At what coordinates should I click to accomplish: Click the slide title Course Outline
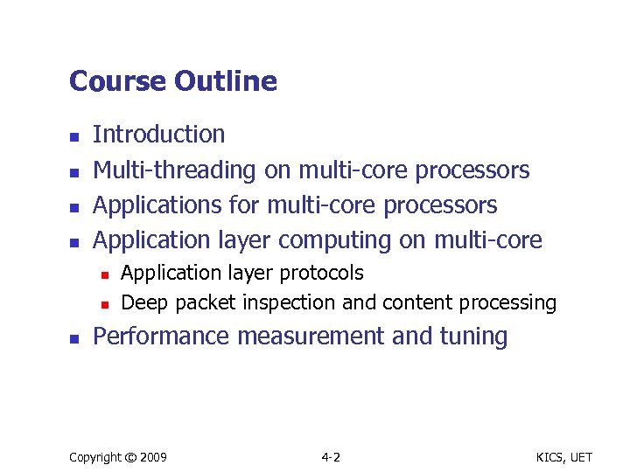(x=172, y=81)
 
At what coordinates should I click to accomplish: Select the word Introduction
(x=158, y=135)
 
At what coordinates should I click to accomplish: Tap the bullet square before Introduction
(x=74, y=137)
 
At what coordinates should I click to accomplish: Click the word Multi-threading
(x=174, y=170)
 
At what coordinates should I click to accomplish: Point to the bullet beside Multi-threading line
(x=74, y=172)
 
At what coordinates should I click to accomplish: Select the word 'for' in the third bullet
(x=250, y=205)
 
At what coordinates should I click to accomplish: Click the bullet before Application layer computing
(x=74, y=242)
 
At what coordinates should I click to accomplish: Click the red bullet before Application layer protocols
(x=103, y=275)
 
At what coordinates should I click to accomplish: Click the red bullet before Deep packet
(x=103, y=305)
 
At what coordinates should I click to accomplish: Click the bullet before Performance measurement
(x=74, y=339)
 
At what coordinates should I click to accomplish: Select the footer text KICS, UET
(x=564, y=457)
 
